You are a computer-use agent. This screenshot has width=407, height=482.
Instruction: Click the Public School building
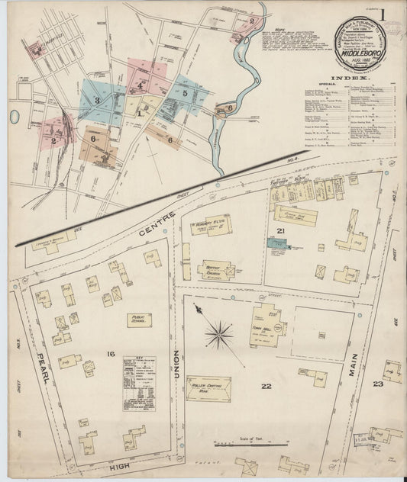(138, 320)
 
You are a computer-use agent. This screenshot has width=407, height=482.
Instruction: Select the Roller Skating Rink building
(208, 387)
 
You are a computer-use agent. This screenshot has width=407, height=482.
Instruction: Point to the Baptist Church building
(216, 269)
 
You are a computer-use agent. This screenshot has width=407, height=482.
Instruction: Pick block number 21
(281, 231)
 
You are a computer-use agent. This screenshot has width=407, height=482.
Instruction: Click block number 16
(111, 353)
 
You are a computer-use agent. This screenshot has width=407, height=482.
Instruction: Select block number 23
(377, 384)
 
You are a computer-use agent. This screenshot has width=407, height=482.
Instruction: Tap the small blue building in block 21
(276, 243)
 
